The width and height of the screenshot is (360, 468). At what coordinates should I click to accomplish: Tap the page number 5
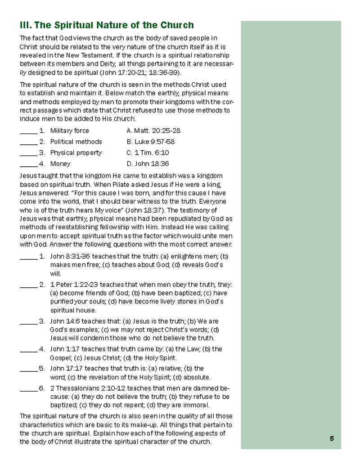click(x=332, y=438)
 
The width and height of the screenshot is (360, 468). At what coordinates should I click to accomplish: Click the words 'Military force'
click(x=70, y=131)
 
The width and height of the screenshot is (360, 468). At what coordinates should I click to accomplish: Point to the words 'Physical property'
click(x=76, y=153)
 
